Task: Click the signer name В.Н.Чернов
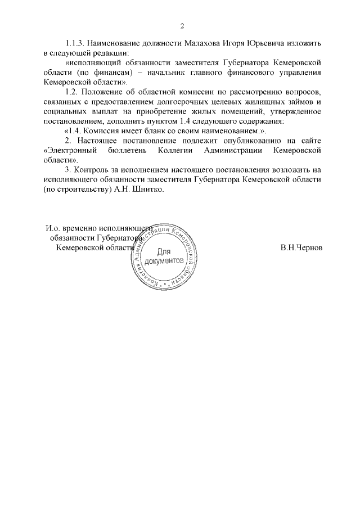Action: coord(301,248)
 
